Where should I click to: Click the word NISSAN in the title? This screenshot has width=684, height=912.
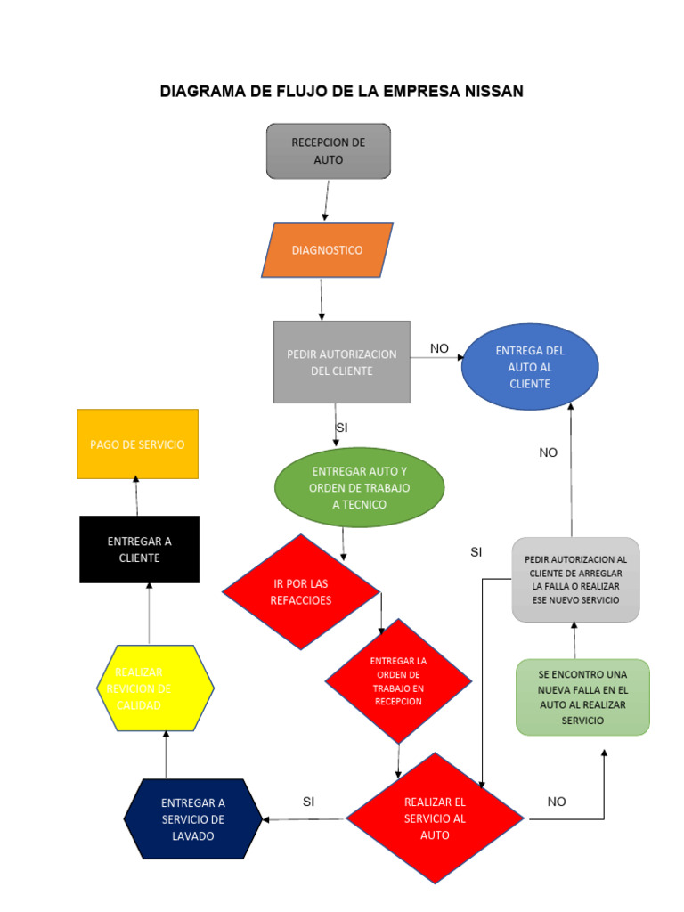[x=487, y=91]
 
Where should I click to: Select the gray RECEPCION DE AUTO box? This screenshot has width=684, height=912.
[x=328, y=151]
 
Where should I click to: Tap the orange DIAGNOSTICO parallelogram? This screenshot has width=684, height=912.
[x=327, y=250]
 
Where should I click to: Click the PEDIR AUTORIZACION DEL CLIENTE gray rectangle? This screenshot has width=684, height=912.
[x=341, y=362]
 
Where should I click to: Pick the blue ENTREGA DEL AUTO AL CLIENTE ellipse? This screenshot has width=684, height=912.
[x=530, y=367]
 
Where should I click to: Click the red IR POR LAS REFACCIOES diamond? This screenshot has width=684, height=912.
[x=301, y=592]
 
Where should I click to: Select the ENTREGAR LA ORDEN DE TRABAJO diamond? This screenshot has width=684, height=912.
[x=398, y=681]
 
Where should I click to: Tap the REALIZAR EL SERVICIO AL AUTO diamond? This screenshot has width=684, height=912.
[x=435, y=818]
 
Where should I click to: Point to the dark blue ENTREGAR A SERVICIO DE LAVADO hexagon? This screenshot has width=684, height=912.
[x=193, y=820]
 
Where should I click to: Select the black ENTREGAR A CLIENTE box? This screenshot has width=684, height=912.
[x=139, y=550]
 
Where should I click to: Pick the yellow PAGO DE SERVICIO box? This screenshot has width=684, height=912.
[x=137, y=444]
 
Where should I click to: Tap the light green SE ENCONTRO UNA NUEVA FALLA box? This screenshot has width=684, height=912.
[x=582, y=697]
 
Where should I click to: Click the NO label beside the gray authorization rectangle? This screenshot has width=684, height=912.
[x=439, y=348]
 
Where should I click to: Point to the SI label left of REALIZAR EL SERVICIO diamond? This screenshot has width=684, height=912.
[x=308, y=802]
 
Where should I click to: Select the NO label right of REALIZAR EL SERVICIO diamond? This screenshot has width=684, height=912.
[x=557, y=802]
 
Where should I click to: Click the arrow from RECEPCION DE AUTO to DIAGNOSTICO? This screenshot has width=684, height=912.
[x=327, y=200]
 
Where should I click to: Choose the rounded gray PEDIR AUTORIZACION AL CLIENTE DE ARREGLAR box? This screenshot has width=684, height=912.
[x=575, y=579]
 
